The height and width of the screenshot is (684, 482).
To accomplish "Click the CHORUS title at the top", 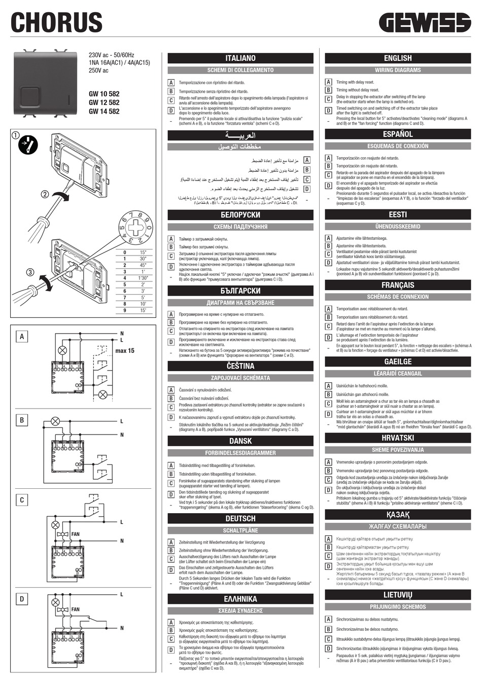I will pos(56,23).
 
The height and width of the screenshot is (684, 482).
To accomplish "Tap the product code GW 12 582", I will pos(104,102).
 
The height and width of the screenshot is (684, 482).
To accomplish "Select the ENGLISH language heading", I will pos(398,58).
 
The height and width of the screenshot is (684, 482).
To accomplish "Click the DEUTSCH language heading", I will pos(240,518).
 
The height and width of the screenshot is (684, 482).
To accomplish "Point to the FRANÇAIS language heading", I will pos(398,285).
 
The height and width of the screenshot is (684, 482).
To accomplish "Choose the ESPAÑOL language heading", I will pos(398,134).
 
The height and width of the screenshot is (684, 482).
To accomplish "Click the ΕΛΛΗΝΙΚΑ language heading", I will pos(240,599).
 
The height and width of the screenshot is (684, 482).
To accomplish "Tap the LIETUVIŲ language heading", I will pos(398,595).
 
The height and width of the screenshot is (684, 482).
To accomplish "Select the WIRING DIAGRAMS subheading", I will pos(398,70).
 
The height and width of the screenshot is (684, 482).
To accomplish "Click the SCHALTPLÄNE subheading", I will pos(240,530).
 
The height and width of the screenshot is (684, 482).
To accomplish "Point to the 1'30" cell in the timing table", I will pos(143,278).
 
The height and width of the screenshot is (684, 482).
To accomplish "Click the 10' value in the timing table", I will pos(143,304).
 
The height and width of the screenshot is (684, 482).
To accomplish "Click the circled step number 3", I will pos(30,272).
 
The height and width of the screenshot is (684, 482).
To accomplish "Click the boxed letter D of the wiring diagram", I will pos(22,599).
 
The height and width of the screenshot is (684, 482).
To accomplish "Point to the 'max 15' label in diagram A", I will pos(125,350).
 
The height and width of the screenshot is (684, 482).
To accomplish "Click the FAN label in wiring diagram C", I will pos(75,534).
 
